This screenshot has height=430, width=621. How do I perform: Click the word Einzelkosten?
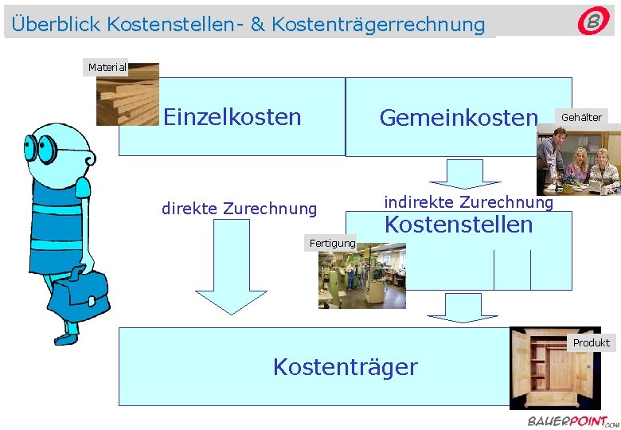pos(232,118)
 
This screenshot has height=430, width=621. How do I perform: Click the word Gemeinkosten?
pos(459,119)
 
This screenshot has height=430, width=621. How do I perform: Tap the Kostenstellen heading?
pos(459,225)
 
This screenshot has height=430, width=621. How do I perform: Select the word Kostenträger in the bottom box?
pos(345,367)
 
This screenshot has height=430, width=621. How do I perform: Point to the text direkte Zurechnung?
pos(239,209)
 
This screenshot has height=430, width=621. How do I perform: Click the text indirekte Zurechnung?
pos(468,202)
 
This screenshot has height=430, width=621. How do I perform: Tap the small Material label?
pos(107,68)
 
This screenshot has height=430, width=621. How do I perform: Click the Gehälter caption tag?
pos(582,117)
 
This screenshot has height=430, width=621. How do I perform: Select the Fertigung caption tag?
pos(333,243)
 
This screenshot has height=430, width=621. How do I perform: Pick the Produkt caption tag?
pos(592,342)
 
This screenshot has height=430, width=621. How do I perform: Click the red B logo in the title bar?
pos(593,21)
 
